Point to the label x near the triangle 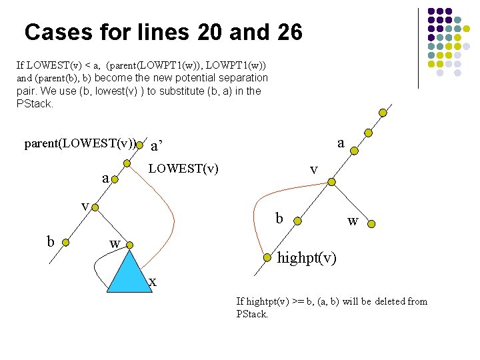tap(153, 282)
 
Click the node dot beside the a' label tap(140, 144)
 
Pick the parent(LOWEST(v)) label tap(80, 143)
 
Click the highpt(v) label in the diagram tap(307, 257)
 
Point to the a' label tap(157, 145)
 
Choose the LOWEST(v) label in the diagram tap(183, 169)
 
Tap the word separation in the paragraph tap(240, 78)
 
